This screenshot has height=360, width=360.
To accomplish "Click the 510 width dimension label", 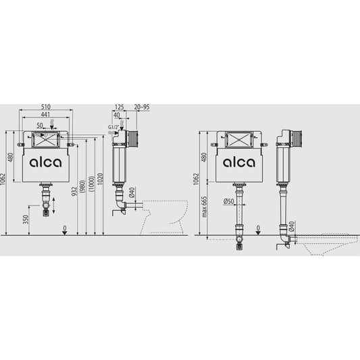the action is point(46,107).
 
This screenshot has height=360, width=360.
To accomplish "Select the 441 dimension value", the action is point(46,114).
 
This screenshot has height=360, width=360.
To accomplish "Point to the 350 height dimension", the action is point(26,220).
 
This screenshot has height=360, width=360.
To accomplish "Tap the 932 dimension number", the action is point(74,191).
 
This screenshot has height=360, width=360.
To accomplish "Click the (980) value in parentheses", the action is point(82,186).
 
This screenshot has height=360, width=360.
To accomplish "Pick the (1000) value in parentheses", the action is point(91,184).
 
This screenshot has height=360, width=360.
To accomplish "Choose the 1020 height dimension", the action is point(101,179).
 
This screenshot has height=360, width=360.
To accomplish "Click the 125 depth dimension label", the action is point(119,107).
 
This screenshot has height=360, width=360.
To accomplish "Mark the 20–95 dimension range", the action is point(142,107).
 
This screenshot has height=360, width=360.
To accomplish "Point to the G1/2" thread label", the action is point(113,127).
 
